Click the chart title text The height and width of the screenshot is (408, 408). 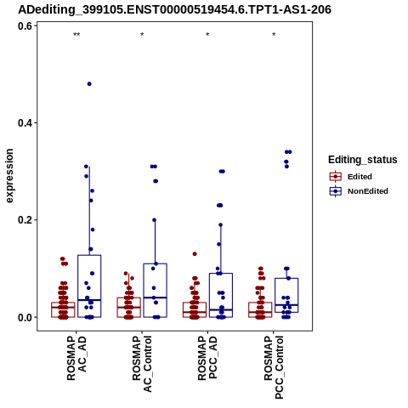click(174, 9)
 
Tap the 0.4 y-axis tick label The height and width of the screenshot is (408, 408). click(25, 123)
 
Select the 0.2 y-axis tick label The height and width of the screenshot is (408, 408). click(25, 220)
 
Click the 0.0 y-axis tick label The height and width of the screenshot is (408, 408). click(25, 317)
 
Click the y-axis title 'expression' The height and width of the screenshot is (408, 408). click(9, 176)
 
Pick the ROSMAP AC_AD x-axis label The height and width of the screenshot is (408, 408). click(76, 358)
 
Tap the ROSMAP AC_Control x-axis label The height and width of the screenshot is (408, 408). click(142, 364)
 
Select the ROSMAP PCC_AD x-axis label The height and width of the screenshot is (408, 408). click(207, 358)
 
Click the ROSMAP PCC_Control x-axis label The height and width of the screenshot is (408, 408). click(274, 367)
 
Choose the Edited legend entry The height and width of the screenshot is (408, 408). click(351, 177)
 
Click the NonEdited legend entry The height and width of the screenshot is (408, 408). click(359, 191)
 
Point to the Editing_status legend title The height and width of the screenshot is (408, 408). click(363, 160)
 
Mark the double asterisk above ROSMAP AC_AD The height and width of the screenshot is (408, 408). click(76, 35)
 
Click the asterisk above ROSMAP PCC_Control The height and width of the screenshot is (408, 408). click(274, 35)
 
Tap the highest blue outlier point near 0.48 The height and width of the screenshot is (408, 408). click(89, 84)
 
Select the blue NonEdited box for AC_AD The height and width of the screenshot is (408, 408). click(89, 286)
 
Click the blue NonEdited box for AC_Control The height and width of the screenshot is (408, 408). click(155, 291)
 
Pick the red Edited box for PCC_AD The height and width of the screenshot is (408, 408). click(195, 309)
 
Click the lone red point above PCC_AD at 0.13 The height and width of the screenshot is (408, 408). click(195, 254)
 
